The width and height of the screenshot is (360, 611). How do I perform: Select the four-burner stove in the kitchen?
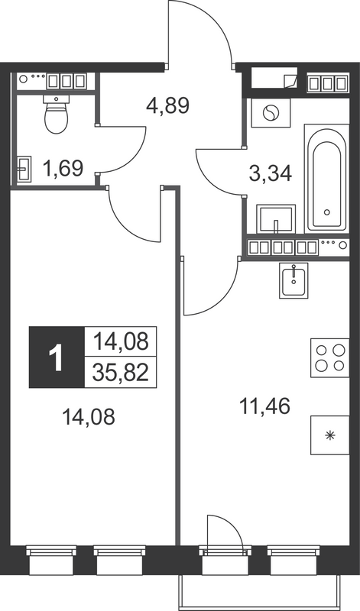pyautogui.click(x=329, y=356)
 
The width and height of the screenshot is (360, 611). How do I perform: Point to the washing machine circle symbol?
pyautogui.click(x=270, y=115)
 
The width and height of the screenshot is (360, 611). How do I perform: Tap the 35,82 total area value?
pyautogui.click(x=120, y=372)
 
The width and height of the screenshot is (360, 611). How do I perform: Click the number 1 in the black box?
pyautogui.click(x=56, y=357)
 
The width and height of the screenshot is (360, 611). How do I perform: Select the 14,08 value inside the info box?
pyautogui.click(x=120, y=340)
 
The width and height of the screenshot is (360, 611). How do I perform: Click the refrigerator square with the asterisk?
pyautogui.click(x=329, y=436)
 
